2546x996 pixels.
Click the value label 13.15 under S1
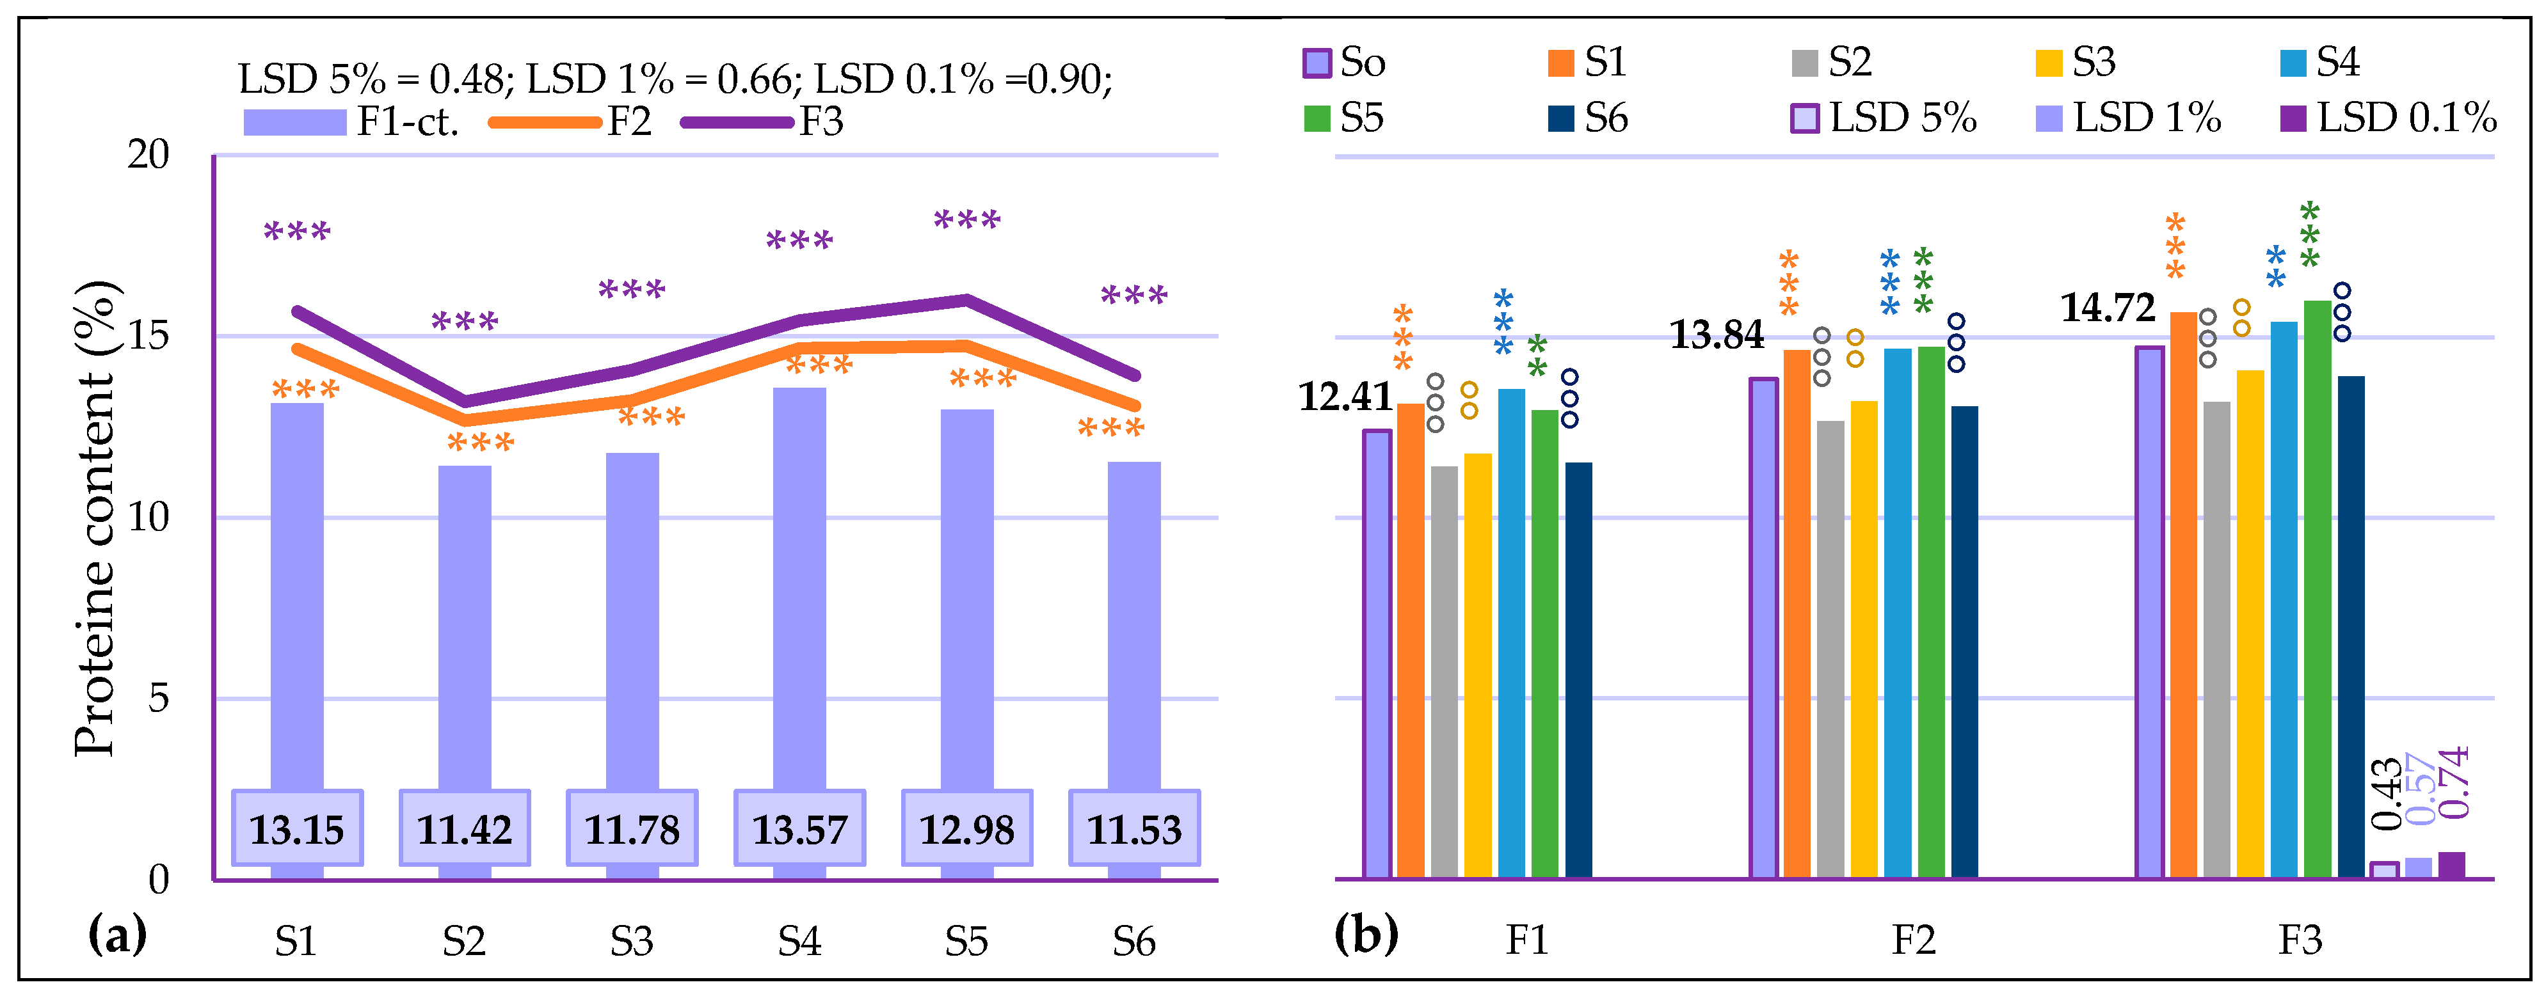pyautogui.click(x=296, y=829)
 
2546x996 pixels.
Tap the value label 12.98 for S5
pyautogui.click(x=966, y=829)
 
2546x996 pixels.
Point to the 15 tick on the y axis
pyautogui.click(x=148, y=336)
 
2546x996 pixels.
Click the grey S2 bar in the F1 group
pyautogui.click(x=1443, y=672)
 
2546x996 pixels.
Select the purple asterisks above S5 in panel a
pyautogui.click(x=966, y=219)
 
